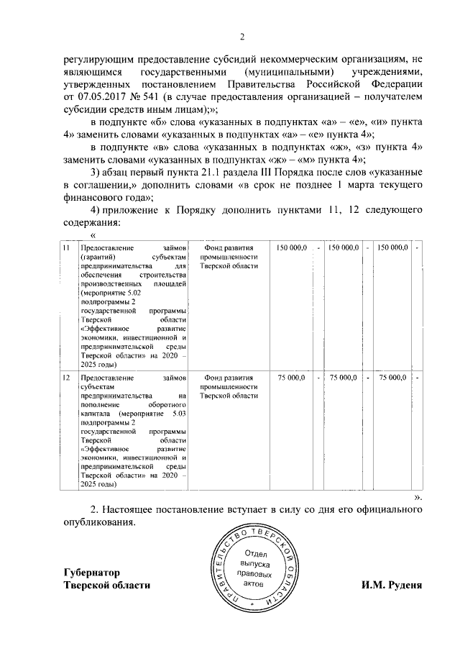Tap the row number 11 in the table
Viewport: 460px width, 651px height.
tap(65, 247)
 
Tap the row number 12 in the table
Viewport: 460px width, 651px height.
tap(65, 377)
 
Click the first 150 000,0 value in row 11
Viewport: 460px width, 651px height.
tap(292, 247)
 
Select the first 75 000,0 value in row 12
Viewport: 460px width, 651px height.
tap(292, 377)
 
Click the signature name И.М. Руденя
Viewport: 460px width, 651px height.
tap(392, 585)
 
